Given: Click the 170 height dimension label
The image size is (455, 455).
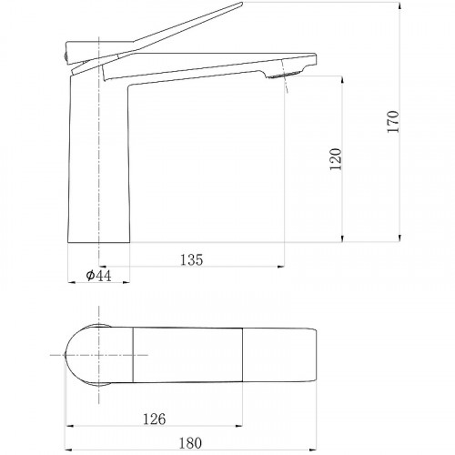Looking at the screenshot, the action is point(393,121).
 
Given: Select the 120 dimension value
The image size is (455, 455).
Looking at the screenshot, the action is point(336,159).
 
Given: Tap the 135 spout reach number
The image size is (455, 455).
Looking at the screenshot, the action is point(192,260).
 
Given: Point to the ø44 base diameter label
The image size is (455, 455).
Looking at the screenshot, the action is point(98,276).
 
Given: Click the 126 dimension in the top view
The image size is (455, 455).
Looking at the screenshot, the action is point(155,420).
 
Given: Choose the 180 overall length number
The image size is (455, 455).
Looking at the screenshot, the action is point(190,443).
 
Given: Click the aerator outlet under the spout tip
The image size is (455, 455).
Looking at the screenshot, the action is point(285,74).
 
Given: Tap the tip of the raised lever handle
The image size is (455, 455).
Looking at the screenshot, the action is point(242,4).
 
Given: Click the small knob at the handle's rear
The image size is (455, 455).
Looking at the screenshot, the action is point(65,56).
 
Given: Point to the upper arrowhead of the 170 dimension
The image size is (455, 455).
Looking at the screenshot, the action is point(399,5).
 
